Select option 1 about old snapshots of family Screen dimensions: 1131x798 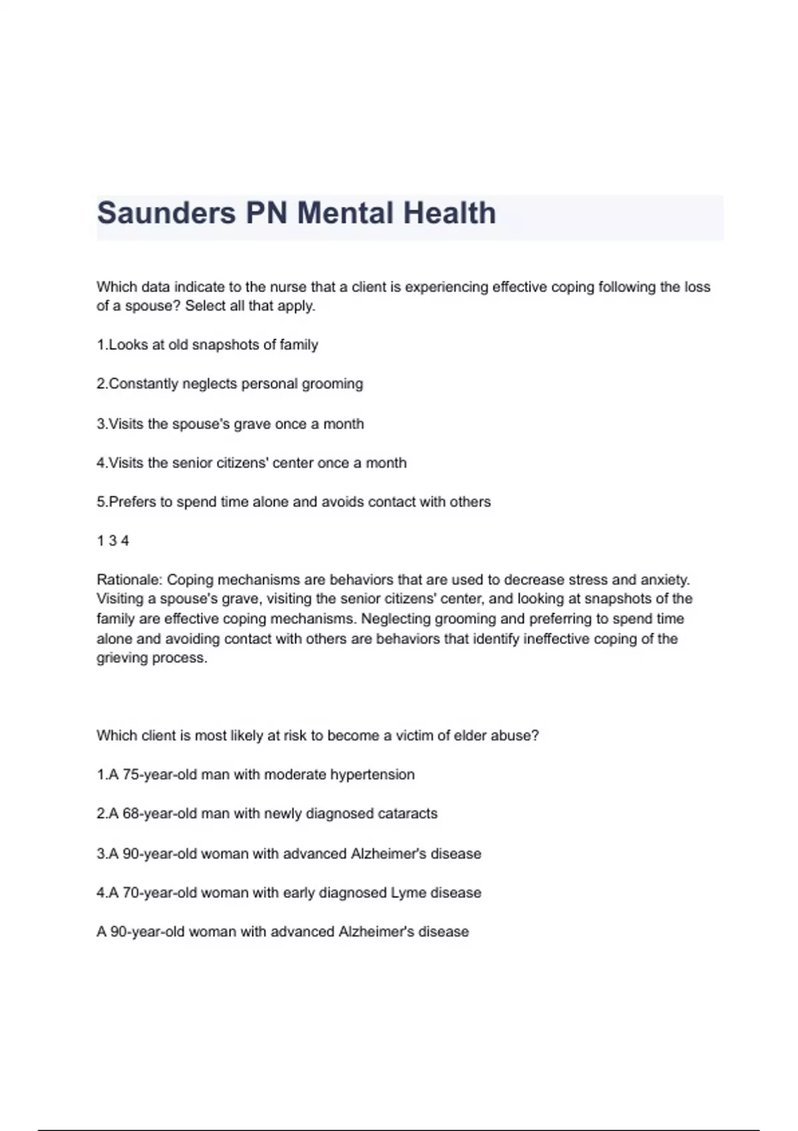pyautogui.click(x=207, y=345)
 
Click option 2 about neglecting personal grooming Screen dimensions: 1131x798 pyautogui.click(x=230, y=384)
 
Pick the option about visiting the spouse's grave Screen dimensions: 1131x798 pyautogui.click(x=230, y=424)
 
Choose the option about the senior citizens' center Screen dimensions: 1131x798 pyautogui.click(x=251, y=463)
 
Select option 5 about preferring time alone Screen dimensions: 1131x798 pyautogui.click(x=293, y=502)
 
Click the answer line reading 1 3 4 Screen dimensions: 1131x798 pyautogui.click(x=113, y=541)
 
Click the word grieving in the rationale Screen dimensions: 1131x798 pyautogui.click(x=122, y=658)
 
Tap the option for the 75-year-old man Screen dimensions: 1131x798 pyautogui.click(x=255, y=774)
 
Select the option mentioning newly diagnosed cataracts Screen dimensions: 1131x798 pyautogui.click(x=267, y=814)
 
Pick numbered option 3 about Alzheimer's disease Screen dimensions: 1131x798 pyautogui.click(x=289, y=854)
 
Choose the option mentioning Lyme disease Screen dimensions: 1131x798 pyautogui.click(x=289, y=893)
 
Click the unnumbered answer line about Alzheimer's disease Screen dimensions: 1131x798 pyautogui.click(x=283, y=931)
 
